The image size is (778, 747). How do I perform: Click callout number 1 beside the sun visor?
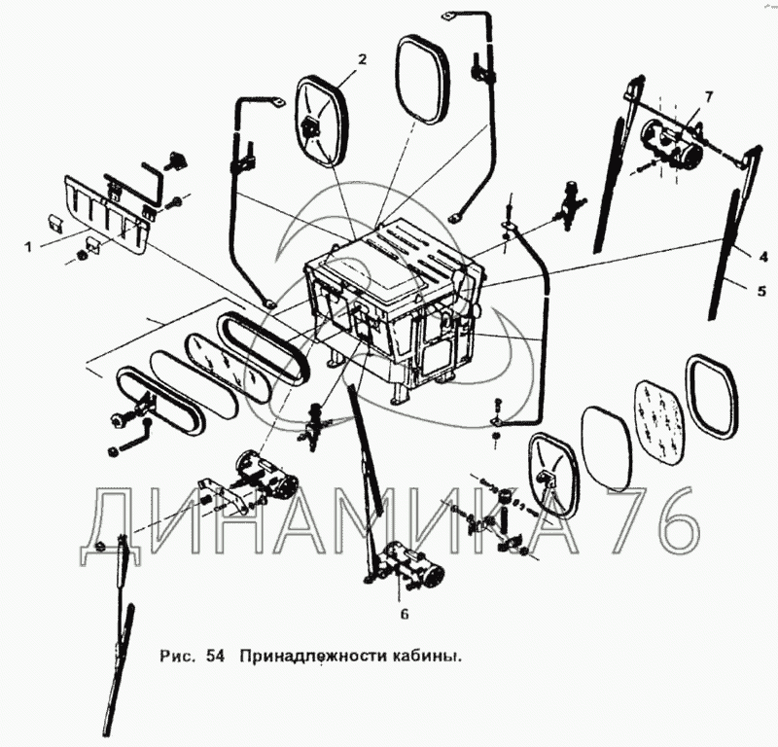click(28, 247)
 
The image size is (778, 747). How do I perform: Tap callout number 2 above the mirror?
click(362, 59)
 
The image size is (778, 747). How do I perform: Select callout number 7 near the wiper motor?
click(709, 97)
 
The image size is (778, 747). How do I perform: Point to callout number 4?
click(763, 257)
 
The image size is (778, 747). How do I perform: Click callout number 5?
click(761, 291)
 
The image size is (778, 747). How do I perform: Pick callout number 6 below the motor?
click(405, 615)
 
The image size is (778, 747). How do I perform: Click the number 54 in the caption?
click(215, 656)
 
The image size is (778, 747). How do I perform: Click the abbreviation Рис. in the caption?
click(177, 657)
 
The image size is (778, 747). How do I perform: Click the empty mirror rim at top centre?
click(423, 81)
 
